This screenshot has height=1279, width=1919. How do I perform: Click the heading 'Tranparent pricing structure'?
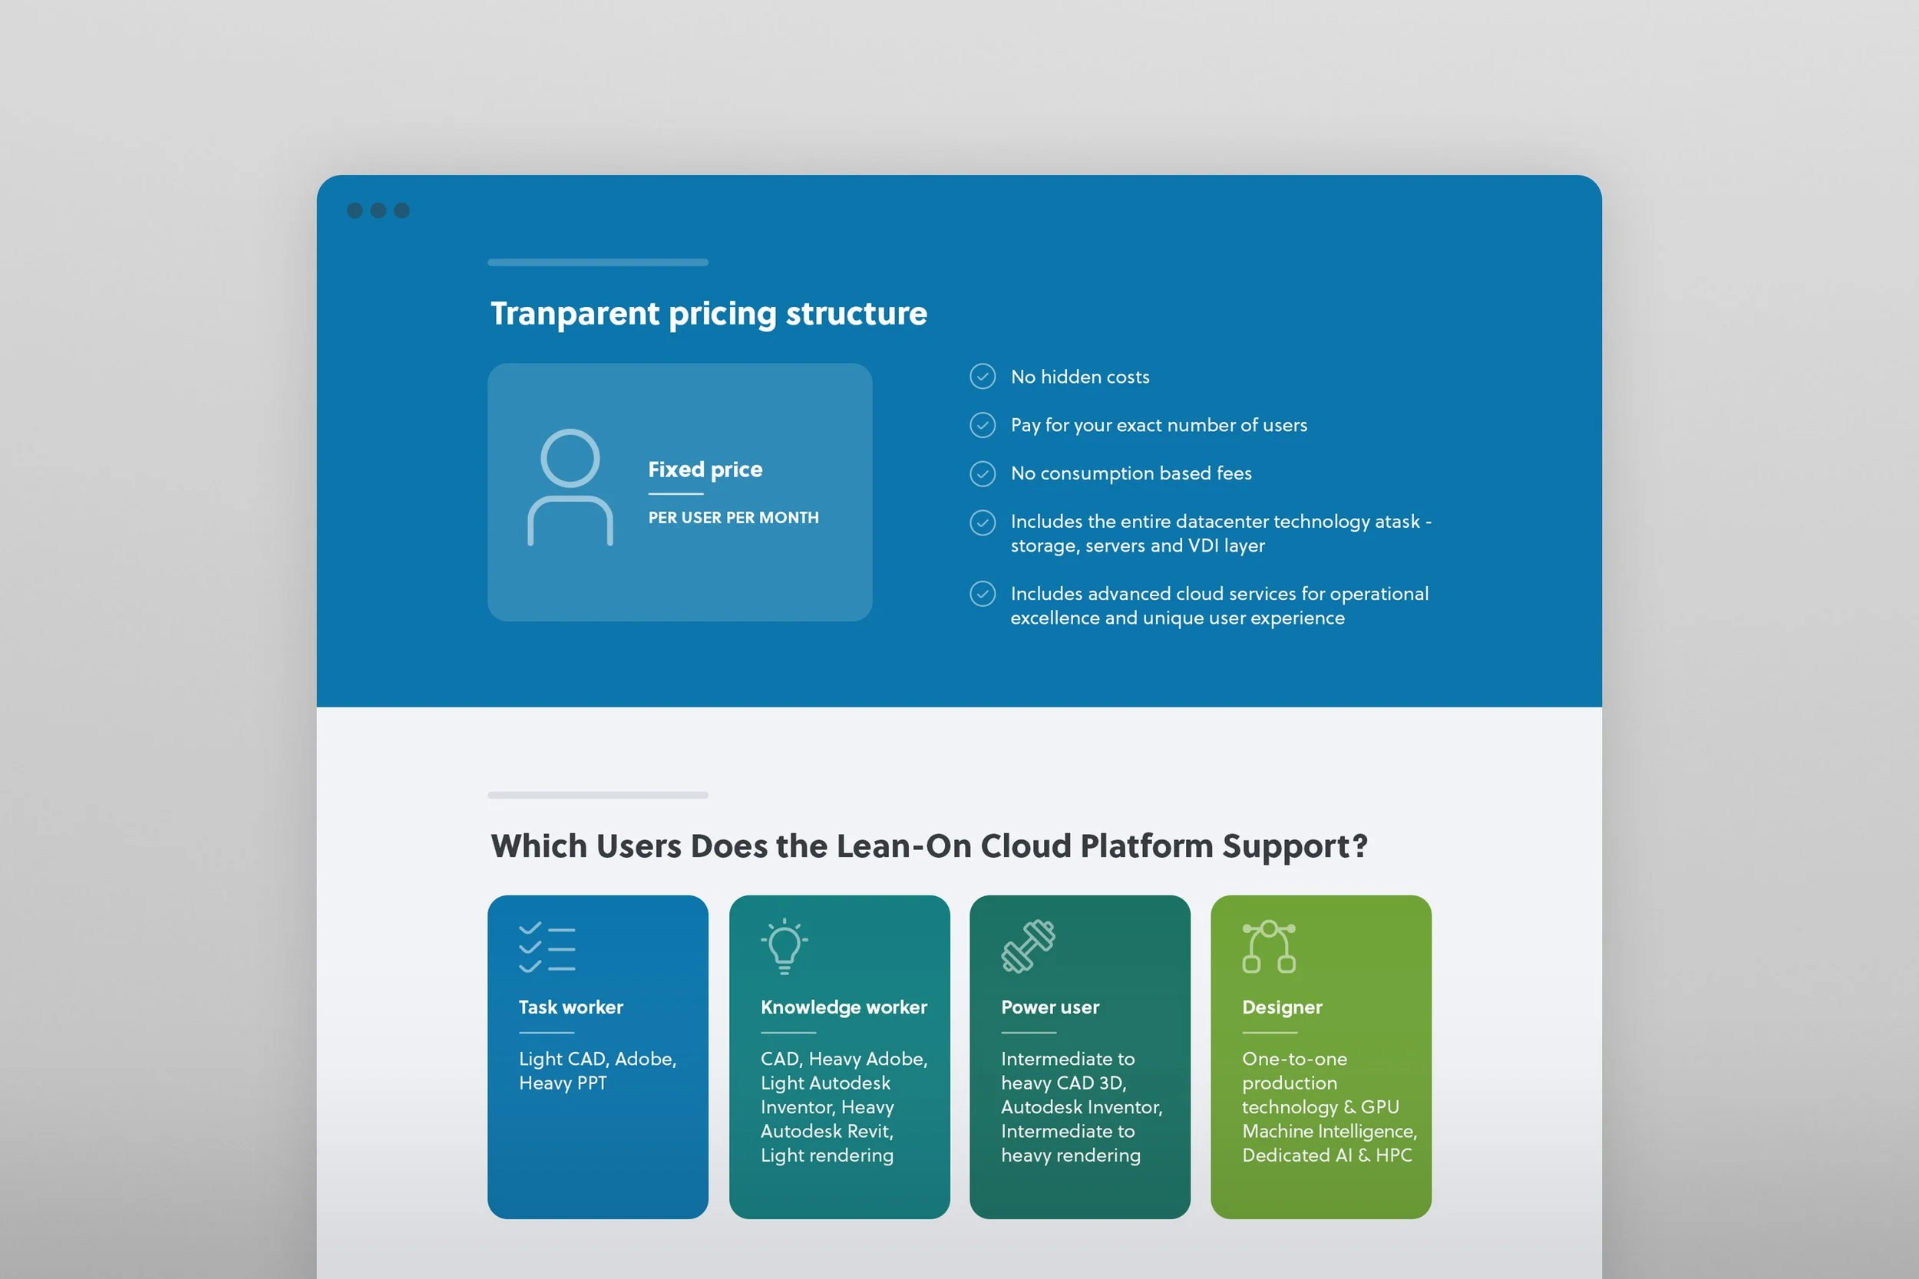708,314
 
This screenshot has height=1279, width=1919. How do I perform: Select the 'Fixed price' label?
705,470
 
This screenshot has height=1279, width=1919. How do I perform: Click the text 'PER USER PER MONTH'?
734,518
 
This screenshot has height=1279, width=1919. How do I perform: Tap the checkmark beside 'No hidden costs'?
983,377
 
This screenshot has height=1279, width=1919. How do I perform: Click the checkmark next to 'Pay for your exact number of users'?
983,425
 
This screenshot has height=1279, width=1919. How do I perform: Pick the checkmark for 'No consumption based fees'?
983,473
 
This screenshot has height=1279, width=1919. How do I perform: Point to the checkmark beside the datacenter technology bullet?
983,522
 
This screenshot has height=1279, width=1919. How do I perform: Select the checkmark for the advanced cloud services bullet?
983,594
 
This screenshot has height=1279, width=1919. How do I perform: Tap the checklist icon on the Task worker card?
547,947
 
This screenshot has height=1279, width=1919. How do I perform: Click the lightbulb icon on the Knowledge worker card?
784,946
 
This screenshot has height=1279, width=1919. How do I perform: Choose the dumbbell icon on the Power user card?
1028,946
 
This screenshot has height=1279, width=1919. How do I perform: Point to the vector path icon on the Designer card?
1269,946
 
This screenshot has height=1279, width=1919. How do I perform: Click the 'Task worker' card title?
571,1007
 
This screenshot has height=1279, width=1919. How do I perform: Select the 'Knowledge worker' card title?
844,1008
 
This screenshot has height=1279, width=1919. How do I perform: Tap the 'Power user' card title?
1050,1007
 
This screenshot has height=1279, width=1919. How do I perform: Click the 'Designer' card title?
1282,1008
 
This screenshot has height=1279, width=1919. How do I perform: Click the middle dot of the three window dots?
378,210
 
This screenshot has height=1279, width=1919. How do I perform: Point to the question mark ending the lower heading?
1359,845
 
